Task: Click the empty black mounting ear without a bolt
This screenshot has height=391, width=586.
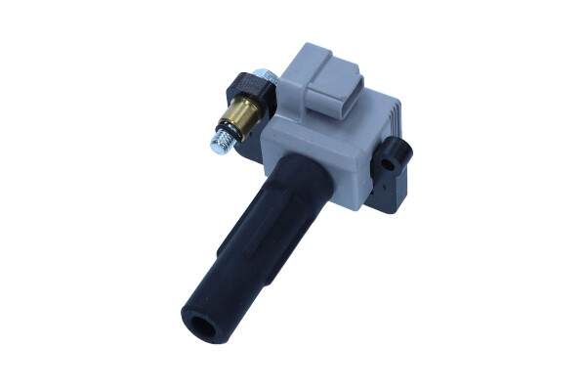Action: (x=394, y=152)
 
